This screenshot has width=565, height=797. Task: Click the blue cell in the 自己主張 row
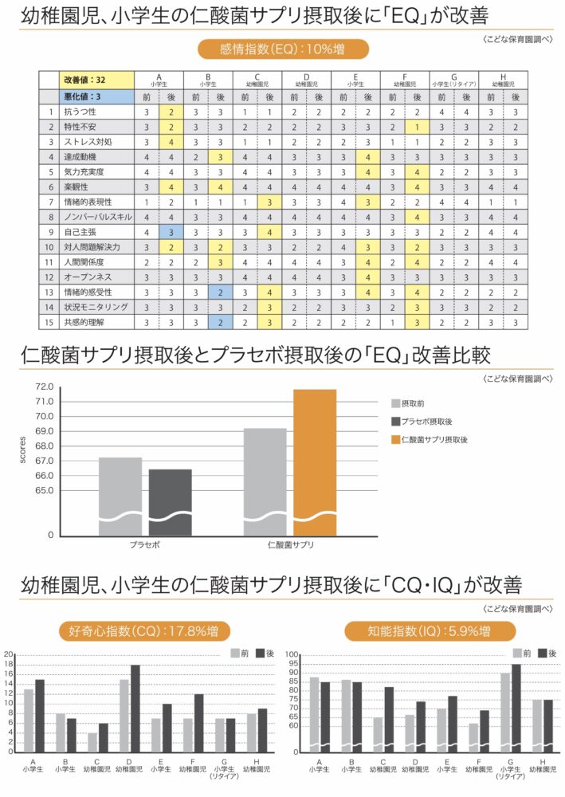(171, 232)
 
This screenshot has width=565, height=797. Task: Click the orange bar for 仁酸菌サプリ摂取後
(315, 462)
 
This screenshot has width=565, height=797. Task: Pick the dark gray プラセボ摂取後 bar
(170, 502)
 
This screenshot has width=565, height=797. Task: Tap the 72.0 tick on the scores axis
(44, 387)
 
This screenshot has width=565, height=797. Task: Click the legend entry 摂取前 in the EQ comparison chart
(414, 404)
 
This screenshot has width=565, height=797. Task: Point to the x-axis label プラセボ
(145, 546)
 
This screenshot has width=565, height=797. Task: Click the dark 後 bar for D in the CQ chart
(135, 709)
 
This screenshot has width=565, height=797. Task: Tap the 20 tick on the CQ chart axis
(9, 655)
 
